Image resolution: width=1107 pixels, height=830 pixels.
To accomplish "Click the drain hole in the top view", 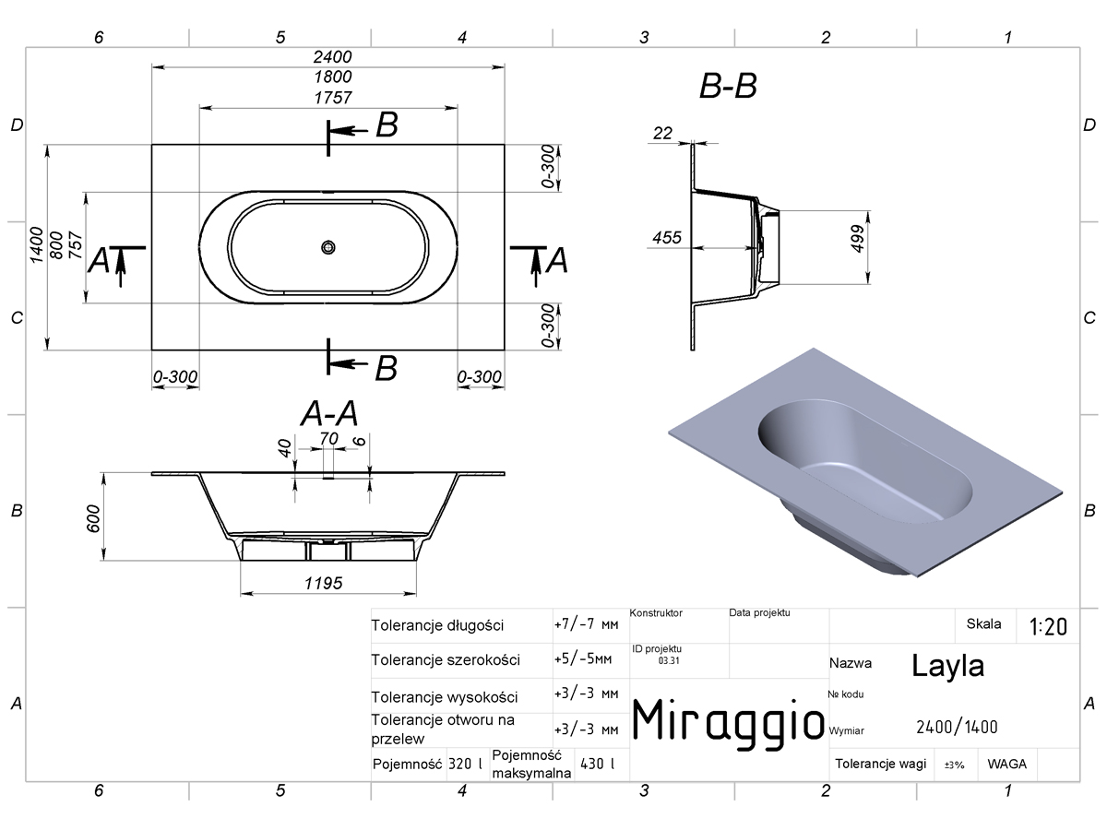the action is pos(328,247).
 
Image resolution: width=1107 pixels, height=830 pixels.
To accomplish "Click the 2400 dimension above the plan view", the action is pos(332,57).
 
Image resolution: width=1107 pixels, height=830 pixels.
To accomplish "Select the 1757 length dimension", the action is pos(332,97).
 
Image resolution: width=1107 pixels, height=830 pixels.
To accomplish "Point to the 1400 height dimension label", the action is pos(37,244).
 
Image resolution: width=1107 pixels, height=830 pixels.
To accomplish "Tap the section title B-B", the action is pos(728,86).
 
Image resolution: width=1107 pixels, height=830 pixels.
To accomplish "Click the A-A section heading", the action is pos(329,414).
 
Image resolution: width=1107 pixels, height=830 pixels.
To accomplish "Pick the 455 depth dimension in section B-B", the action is pos(667,237).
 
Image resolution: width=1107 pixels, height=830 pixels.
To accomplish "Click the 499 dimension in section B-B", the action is pos(857,238).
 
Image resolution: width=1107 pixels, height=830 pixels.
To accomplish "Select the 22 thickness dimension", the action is pos(662,133).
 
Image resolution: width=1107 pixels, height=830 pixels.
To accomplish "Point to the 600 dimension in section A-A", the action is pos(94,518).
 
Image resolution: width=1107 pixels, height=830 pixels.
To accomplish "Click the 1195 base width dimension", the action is pos(323,583).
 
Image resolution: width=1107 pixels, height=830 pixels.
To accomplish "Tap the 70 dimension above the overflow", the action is pos(328,438).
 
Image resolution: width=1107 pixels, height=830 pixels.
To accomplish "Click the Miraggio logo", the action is pos(728,724).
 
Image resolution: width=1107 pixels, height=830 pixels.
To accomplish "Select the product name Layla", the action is pos(947,666).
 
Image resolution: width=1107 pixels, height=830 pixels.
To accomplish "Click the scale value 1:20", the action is pos(1049,627).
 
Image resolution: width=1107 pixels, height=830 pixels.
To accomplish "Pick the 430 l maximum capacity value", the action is pos(597,764).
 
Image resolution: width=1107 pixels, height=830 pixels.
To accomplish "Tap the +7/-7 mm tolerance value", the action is pos(586,625).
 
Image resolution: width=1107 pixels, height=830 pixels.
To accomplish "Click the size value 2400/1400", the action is pos(957,728).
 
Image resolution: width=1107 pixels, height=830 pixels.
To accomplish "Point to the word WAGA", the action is pos(1006,764).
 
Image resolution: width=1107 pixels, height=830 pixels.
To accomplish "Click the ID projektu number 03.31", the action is pos(669,660).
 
